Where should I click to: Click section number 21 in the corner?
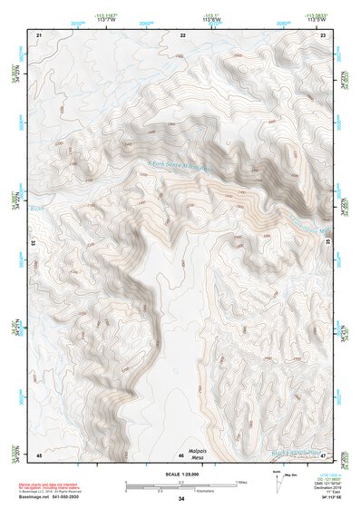pyautogui.click(x=39, y=34)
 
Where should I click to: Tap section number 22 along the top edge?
pyautogui.click(x=182, y=34)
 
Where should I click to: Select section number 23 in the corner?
pyautogui.click(x=324, y=34)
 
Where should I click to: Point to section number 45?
pyautogui.click(x=39, y=454)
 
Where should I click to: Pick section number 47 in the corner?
pyautogui.click(x=323, y=454)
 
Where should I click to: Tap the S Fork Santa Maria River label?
pyautogui.click(x=180, y=164)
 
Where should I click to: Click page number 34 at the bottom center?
pyautogui.click(x=180, y=499)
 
